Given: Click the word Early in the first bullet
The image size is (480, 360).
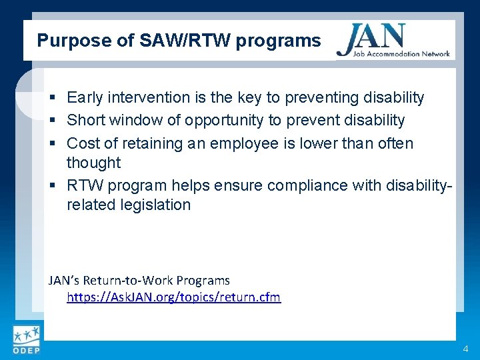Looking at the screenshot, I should pyautogui.click(x=85, y=98).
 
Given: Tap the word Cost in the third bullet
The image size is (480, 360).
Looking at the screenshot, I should pyautogui.click(x=83, y=143).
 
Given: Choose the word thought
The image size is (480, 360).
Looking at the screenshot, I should pyautogui.click(x=93, y=163).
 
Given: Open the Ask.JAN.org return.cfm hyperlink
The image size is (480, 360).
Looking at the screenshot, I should pyautogui.click(x=173, y=297).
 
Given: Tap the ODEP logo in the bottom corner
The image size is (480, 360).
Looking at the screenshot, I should pyautogui.click(x=26, y=341).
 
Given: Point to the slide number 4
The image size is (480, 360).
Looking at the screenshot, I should pyautogui.click(x=465, y=349).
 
